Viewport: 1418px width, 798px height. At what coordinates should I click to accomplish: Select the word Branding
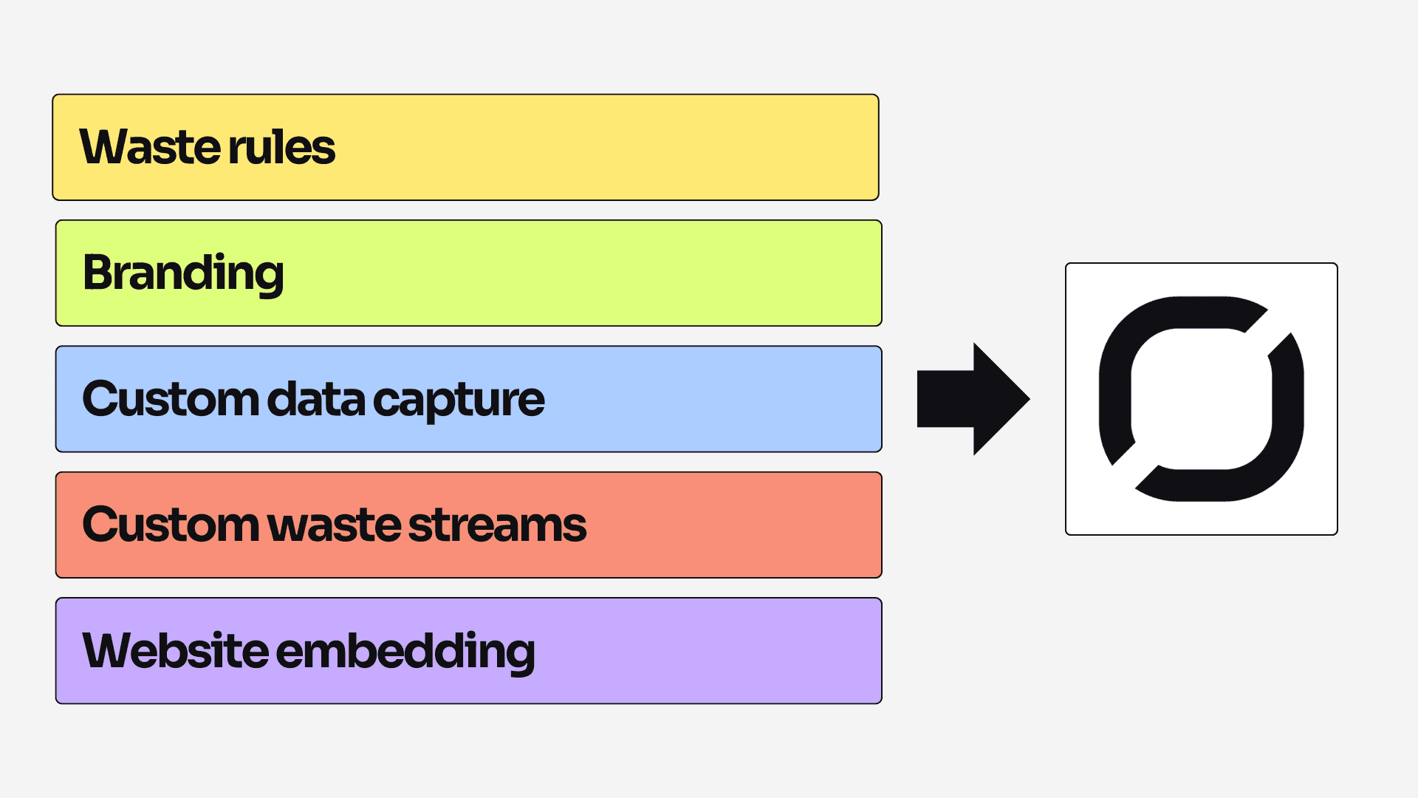tap(183, 273)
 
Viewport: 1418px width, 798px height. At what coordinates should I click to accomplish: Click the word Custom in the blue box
tap(170, 399)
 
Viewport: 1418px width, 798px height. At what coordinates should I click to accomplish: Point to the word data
tap(315, 399)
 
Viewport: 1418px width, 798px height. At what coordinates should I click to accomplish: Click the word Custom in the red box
tap(170, 525)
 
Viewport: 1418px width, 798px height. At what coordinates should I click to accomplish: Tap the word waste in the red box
tap(335, 525)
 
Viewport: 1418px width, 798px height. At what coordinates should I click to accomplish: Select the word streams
tap(497, 525)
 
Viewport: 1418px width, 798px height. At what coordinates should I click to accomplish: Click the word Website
tap(175, 651)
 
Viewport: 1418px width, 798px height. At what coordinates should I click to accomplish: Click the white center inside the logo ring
tap(1202, 399)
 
